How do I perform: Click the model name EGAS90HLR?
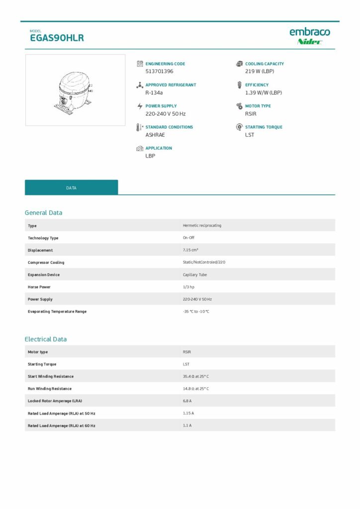[57, 38]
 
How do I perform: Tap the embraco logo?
[309, 32]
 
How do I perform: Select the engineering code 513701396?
[159, 72]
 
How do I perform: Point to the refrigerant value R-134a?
[154, 92]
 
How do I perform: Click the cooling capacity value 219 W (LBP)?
[260, 72]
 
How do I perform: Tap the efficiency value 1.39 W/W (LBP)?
[264, 92]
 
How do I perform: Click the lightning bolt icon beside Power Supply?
[140, 106]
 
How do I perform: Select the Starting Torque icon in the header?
[239, 127]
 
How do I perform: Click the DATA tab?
[71, 188]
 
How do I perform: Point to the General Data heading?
[44, 213]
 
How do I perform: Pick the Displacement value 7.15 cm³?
[191, 250]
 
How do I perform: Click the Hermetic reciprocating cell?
[202, 226]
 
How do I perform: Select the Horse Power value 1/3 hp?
[188, 287]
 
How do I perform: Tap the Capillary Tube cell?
[195, 275]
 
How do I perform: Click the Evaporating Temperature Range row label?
[57, 312]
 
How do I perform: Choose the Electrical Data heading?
[46, 339]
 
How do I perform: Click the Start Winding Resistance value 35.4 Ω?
[196, 376]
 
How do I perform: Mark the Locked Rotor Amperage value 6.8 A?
[187, 401]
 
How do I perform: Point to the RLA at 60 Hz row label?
[62, 425]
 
